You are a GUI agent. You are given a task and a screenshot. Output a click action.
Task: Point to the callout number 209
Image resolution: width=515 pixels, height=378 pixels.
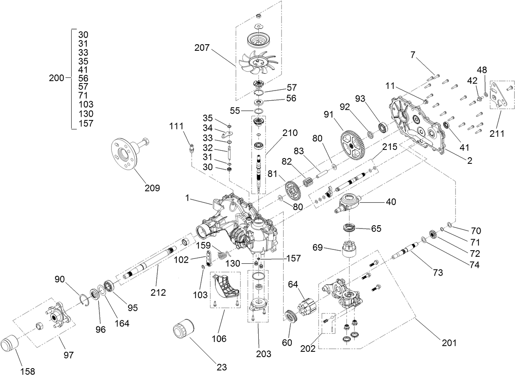click(152, 188)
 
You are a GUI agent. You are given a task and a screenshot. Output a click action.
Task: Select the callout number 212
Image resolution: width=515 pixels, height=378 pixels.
click(158, 292)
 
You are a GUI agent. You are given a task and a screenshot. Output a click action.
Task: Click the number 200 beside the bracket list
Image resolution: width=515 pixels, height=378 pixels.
click(56, 78)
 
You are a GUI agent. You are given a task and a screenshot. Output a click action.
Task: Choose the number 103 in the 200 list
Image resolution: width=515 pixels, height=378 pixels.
click(86, 104)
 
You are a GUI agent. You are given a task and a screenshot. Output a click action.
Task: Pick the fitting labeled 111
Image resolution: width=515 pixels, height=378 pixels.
click(191, 147)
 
